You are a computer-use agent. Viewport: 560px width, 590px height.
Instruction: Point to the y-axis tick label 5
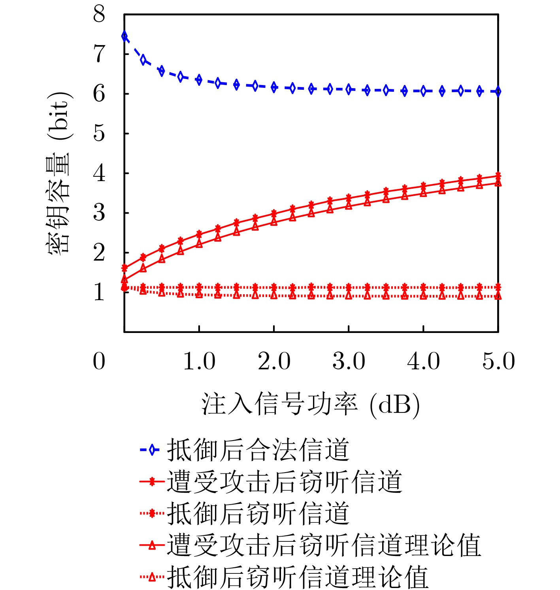pyautogui.click(x=99, y=133)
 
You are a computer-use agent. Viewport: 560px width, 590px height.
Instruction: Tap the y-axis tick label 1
pyautogui.click(x=99, y=292)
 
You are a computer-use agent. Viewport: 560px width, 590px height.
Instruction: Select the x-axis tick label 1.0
pyautogui.click(x=199, y=361)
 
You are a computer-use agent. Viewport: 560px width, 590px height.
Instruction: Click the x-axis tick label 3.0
pyautogui.click(x=349, y=361)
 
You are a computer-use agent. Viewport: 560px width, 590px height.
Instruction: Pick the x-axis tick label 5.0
pyautogui.click(x=498, y=361)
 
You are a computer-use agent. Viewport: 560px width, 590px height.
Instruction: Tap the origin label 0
pyautogui.click(x=99, y=361)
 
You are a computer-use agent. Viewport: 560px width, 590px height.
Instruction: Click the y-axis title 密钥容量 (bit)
pyautogui.click(x=59, y=173)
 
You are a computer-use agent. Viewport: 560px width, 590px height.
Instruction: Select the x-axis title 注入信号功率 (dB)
pyautogui.click(x=311, y=405)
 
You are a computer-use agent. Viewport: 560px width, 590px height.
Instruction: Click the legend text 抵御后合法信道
pyautogui.click(x=258, y=450)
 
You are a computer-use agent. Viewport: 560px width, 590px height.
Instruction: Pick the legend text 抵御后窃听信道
pyautogui.click(x=258, y=513)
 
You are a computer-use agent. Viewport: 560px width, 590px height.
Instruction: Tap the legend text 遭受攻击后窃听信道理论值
pyautogui.click(x=324, y=545)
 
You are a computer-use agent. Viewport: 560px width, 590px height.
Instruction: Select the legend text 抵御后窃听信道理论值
pyautogui.click(x=298, y=577)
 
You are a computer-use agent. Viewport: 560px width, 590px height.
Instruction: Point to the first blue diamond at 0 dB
pyautogui.click(x=124, y=36)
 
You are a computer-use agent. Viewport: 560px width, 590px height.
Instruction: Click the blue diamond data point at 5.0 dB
pyautogui.click(x=498, y=91)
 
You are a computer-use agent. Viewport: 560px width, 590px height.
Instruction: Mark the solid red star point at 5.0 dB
pyautogui.click(x=498, y=176)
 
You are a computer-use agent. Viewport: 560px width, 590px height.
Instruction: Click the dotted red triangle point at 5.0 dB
pyautogui.click(x=498, y=296)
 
